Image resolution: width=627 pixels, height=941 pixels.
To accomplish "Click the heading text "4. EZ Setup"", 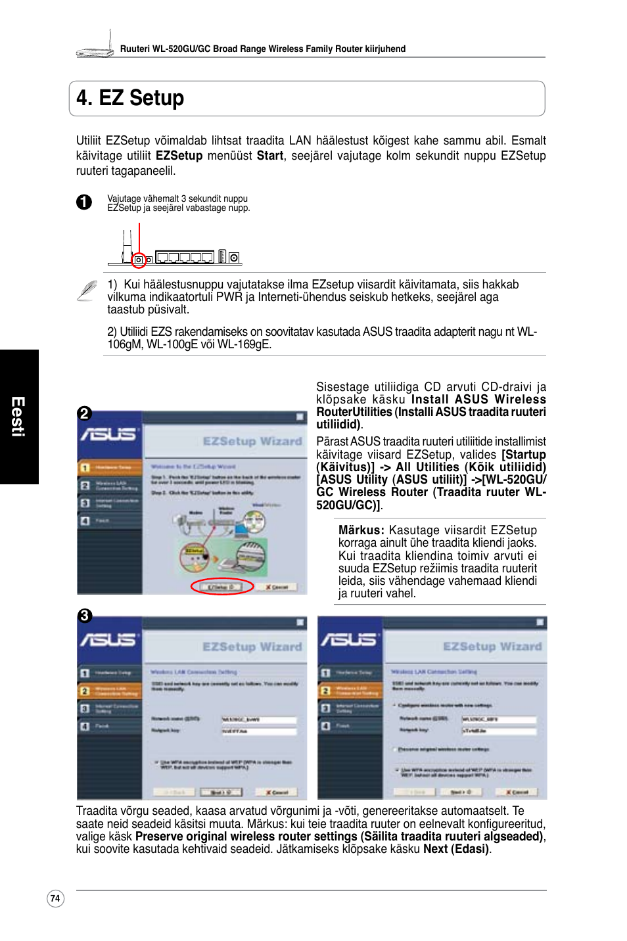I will [x=130, y=98].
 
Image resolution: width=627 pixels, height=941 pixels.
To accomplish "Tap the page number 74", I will [x=55, y=898].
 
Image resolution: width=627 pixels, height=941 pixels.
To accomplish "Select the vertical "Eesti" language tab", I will [x=18, y=417].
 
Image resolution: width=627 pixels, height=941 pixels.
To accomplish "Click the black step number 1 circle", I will [x=84, y=202].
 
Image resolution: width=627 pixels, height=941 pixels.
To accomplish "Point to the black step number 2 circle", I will [x=84, y=413].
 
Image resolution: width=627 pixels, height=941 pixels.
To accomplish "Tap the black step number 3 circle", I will [x=84, y=616].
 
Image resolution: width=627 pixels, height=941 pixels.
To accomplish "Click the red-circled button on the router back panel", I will [x=139, y=260].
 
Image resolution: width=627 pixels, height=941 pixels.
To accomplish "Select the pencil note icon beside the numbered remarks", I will [x=87, y=290].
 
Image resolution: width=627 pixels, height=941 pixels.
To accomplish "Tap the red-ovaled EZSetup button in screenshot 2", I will [x=221, y=587].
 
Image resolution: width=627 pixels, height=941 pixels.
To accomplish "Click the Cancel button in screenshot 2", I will [x=277, y=587].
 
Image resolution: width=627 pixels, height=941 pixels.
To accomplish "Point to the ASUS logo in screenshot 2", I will [x=108, y=434].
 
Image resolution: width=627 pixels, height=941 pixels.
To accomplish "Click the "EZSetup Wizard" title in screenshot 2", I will [x=252, y=441].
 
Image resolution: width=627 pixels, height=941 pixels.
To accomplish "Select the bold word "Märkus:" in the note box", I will [x=361, y=530].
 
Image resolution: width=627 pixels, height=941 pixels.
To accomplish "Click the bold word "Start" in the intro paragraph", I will [x=269, y=156].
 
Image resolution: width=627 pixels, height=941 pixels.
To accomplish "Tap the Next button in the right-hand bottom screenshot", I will [x=461, y=792].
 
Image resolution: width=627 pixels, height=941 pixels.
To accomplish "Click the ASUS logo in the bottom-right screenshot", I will [x=348, y=639].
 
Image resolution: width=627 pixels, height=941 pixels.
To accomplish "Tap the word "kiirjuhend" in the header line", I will [x=384, y=49].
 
